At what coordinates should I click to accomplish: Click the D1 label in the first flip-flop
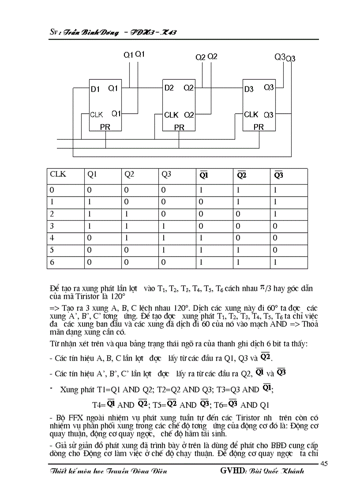tap(95, 89)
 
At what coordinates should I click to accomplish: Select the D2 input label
tap(169, 88)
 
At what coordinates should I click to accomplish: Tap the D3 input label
tap(249, 89)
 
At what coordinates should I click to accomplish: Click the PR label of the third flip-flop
tap(259, 127)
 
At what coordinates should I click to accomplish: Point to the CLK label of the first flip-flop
tap(96, 115)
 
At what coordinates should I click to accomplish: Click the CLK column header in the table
tap(58, 175)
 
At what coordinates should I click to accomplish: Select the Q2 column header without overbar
tap(129, 175)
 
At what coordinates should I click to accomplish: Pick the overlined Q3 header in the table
tap(278, 175)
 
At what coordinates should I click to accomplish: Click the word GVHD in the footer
tap(231, 471)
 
